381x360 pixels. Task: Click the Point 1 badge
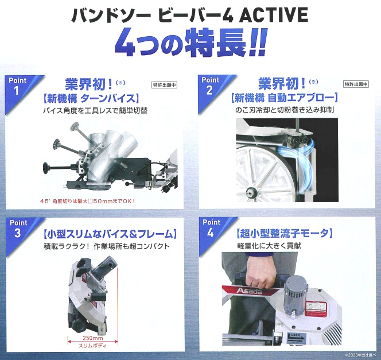17,86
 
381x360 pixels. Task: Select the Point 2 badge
211,86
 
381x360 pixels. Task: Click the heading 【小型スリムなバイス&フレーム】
109,234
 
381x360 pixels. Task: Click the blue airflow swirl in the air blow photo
297,157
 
